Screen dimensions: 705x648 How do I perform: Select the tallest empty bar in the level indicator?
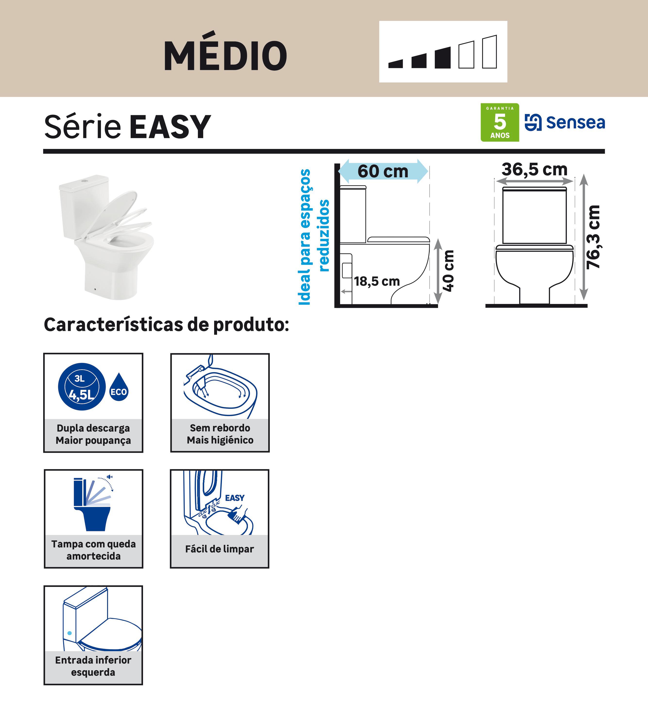pyautogui.click(x=489, y=52)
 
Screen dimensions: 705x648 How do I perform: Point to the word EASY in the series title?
pyautogui.click(x=170, y=127)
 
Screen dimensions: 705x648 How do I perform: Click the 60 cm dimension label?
pyautogui.click(x=383, y=171)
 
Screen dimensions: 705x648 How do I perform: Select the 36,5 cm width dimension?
pyautogui.click(x=534, y=170)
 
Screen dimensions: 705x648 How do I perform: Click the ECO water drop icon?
pyautogui.click(x=119, y=391)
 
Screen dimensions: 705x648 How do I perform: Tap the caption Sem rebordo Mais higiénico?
pyautogui.click(x=220, y=434)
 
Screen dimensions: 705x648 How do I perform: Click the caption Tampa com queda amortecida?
pyautogui.click(x=93, y=550)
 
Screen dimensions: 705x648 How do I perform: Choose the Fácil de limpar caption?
pyautogui.click(x=219, y=549)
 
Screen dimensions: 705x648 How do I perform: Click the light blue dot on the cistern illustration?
pyautogui.click(x=69, y=633)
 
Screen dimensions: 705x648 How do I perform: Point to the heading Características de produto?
pyautogui.click(x=166, y=325)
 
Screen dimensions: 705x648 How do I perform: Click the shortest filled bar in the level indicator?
pyautogui.click(x=396, y=64)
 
